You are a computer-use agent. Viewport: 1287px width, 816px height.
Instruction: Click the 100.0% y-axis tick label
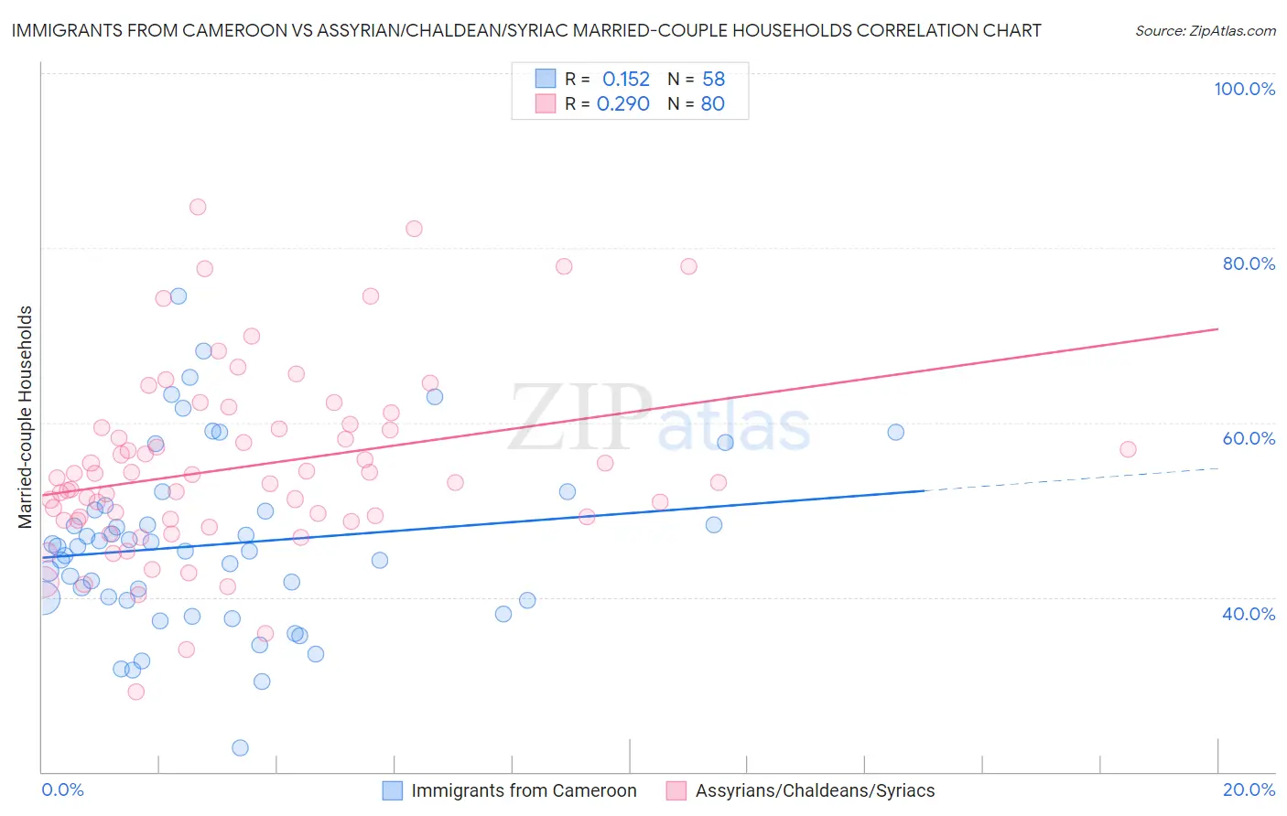[x=1244, y=89]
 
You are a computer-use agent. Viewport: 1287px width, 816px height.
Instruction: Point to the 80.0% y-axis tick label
[x=1249, y=263]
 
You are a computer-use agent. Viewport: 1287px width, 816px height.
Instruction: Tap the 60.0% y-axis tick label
[x=1249, y=438]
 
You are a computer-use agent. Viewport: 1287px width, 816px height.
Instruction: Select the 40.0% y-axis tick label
[x=1249, y=614]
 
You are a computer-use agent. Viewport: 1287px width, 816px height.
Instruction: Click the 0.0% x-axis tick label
[x=62, y=789]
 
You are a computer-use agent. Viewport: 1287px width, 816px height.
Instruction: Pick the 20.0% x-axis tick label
[x=1249, y=789]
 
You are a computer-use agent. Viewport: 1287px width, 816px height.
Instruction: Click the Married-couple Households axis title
[x=26, y=417]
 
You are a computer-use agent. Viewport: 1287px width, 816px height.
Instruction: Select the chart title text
[x=526, y=30]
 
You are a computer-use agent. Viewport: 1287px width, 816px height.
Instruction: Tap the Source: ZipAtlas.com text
[x=1205, y=30]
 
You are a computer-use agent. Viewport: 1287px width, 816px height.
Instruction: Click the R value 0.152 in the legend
[x=626, y=80]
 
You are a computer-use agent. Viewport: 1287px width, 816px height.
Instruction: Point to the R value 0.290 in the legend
[x=623, y=104]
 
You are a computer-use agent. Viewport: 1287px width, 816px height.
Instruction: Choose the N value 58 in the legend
[x=714, y=80]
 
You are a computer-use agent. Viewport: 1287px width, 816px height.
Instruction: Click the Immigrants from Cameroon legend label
[x=524, y=790]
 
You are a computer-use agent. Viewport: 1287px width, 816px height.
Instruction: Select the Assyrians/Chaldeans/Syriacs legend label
[x=815, y=790]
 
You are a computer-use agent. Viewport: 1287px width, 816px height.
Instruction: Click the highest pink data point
[x=198, y=207]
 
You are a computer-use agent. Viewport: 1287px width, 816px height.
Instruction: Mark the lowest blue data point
[x=240, y=747]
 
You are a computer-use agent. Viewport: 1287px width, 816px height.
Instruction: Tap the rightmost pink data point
[x=1128, y=449]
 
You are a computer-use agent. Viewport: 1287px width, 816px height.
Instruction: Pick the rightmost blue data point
[x=896, y=432]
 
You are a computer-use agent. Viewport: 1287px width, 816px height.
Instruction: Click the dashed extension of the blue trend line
[x=1071, y=479]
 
